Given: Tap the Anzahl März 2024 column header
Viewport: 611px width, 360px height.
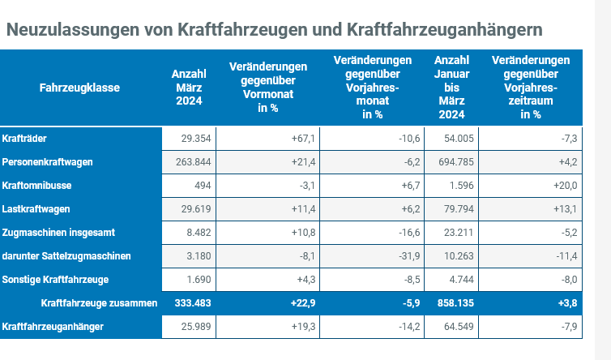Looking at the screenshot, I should (x=190, y=87).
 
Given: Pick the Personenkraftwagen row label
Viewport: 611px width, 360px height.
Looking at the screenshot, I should (x=48, y=162).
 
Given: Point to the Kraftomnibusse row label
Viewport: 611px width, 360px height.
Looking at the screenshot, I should (x=36, y=186).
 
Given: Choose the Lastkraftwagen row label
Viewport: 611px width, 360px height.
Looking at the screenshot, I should (x=37, y=209).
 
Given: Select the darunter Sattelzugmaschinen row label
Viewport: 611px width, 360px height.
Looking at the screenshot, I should (x=66, y=256).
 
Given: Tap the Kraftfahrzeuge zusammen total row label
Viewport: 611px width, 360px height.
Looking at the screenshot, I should (x=98, y=303).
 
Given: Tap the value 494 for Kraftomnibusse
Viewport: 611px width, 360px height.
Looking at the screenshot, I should (x=203, y=186).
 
